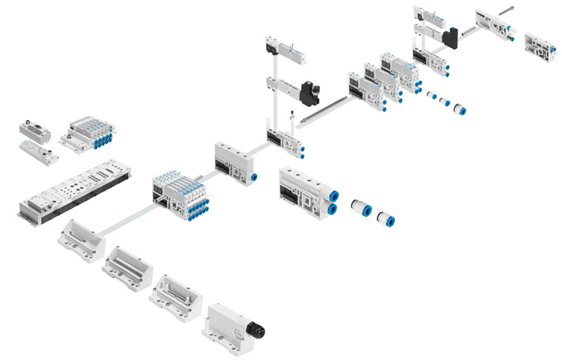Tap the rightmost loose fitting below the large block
coord(386,218)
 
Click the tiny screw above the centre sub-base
coord(291,117)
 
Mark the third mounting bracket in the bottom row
coord(172,292)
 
